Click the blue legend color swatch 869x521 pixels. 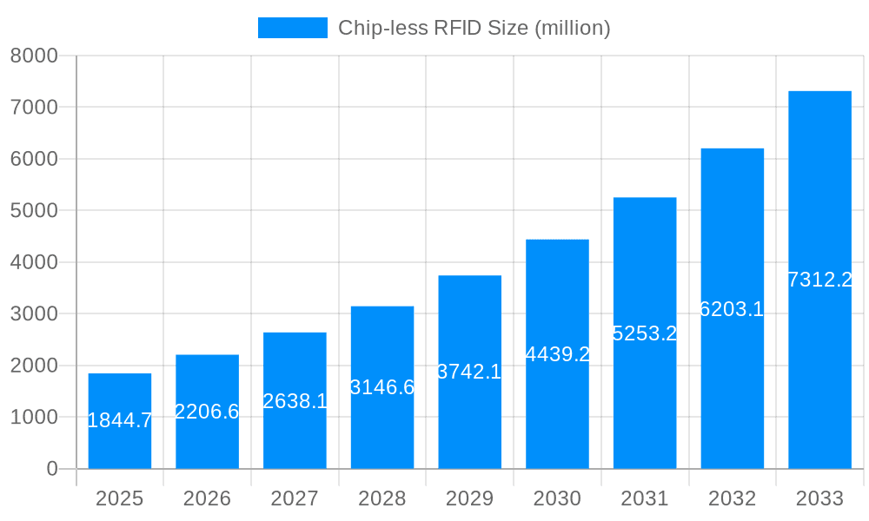293,28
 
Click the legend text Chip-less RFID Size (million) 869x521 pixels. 474,28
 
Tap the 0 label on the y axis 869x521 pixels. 51,469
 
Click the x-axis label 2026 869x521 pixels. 207,498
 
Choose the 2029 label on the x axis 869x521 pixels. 469,498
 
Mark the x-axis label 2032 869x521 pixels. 732,498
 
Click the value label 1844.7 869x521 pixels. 120,421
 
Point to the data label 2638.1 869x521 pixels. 295,401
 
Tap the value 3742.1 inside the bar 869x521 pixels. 469,372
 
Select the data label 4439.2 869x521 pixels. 558,354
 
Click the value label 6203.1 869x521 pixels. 732,309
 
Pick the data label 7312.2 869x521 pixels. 819,280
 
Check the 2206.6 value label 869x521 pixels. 207,412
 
